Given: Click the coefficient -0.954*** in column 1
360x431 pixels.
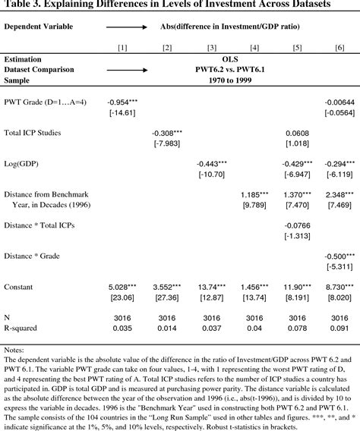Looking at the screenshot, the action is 122,102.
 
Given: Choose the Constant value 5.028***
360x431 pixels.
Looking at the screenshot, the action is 122,286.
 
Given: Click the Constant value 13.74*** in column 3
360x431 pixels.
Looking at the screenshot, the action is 211,286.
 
